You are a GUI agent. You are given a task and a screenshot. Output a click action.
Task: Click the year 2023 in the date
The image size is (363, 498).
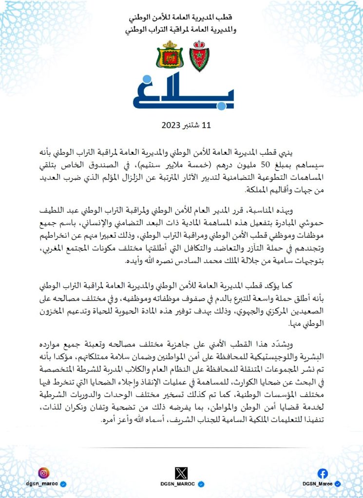(x=172, y=125)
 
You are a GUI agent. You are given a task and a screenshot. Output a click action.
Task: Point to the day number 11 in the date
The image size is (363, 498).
(x=206, y=125)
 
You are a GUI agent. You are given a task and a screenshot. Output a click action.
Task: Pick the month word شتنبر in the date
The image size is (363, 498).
(x=191, y=125)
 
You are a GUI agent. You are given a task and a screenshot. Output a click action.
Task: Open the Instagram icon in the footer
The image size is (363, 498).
(x=44, y=472)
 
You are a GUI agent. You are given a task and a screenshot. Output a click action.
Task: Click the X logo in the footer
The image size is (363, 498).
(x=181, y=472)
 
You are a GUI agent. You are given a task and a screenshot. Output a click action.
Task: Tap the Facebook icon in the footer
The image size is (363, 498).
(x=323, y=473)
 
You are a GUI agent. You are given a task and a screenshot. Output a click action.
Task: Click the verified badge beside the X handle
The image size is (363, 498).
(x=200, y=484)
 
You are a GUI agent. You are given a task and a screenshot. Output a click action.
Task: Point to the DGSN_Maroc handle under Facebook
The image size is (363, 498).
(x=318, y=484)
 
